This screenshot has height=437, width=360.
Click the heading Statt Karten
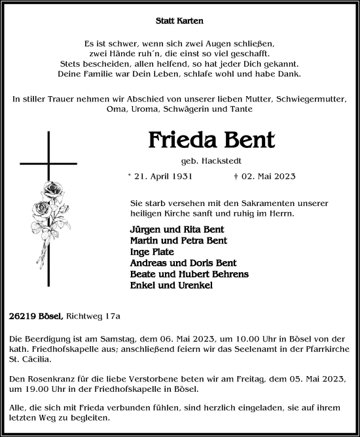coord(180,21)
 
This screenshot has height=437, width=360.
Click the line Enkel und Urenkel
coord(171,285)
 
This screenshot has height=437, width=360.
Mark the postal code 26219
coord(24,317)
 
